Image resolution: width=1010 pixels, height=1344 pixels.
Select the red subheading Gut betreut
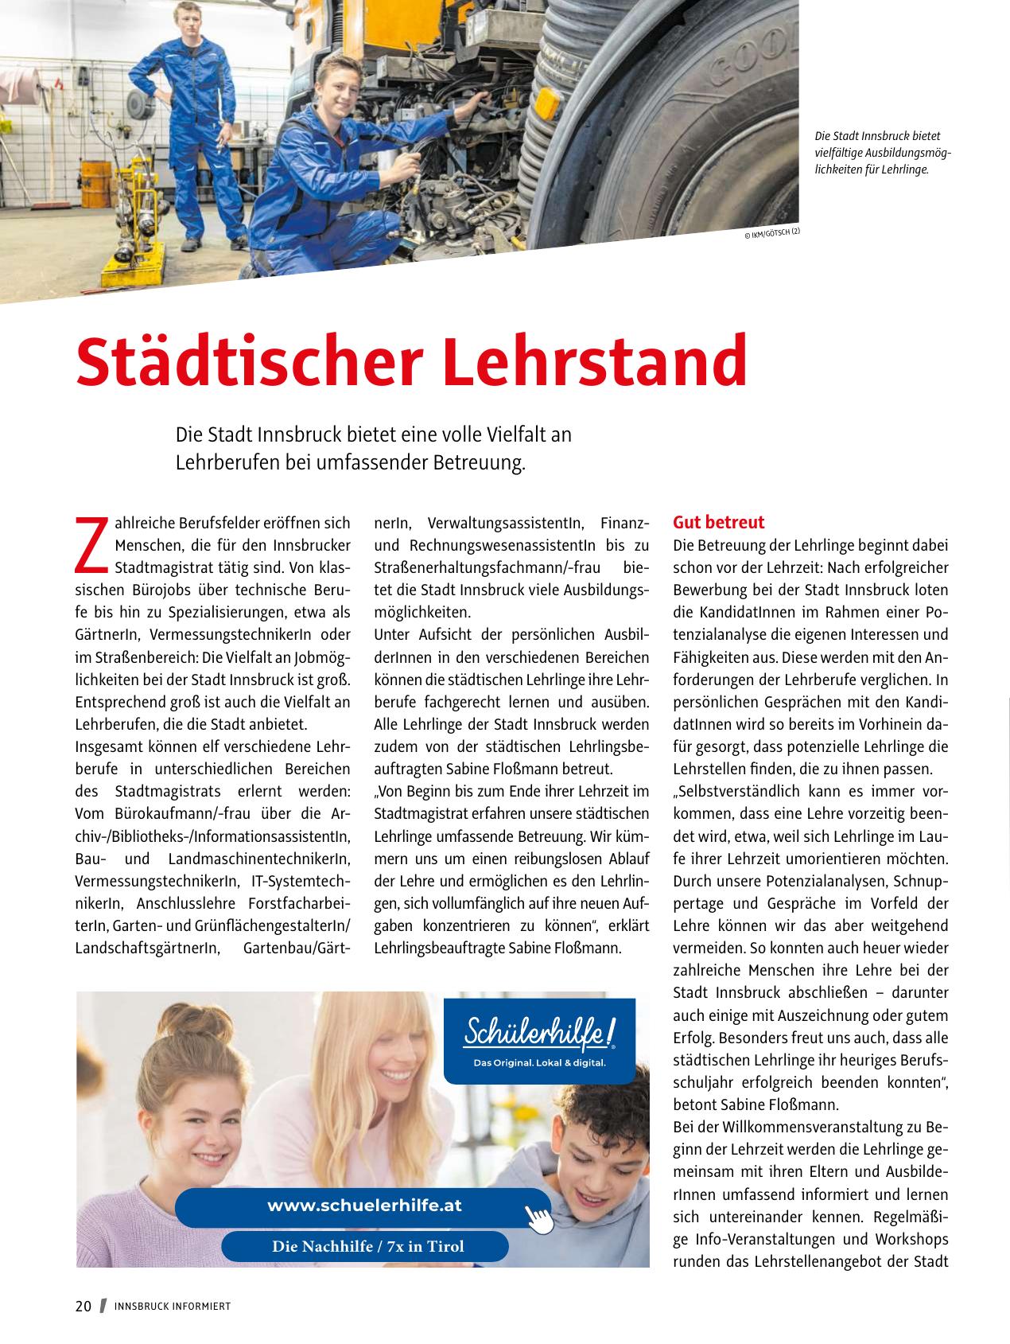[718, 523]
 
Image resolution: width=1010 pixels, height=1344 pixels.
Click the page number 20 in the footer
[84, 1306]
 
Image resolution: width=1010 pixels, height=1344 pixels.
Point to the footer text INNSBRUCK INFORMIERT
[173, 1307]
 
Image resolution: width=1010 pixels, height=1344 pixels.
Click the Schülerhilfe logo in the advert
[540, 1034]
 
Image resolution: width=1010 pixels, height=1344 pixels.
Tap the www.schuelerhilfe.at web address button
[363, 1206]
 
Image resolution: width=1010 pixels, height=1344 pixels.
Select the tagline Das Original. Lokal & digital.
[539, 1063]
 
